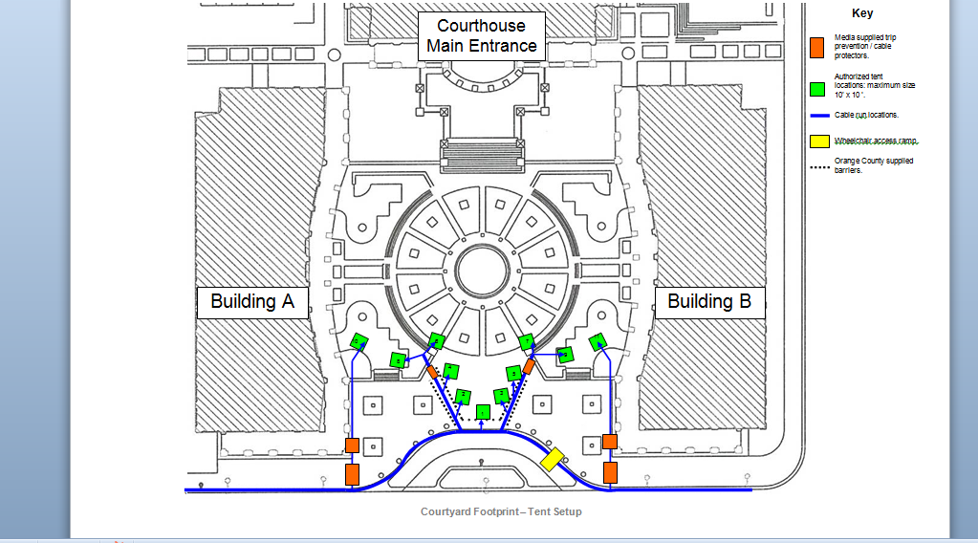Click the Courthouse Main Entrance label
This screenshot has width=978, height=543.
[481, 35]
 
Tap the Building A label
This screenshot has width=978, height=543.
[252, 301]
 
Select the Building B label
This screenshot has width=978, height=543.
[708, 301]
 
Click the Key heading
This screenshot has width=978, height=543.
[862, 13]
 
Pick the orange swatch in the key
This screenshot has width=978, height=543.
[817, 47]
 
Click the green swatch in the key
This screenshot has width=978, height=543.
[817, 90]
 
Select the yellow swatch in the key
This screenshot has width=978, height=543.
[818, 141]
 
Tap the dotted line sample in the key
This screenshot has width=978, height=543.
[818, 166]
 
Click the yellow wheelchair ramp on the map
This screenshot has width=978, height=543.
[553, 460]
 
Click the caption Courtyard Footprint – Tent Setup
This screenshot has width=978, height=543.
[500, 511]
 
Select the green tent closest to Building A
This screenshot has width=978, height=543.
[359, 340]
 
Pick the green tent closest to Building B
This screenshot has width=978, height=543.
[599, 341]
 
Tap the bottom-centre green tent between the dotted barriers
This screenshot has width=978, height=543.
[484, 412]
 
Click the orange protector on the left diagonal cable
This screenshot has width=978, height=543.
[432, 371]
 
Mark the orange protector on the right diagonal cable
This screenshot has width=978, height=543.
[529, 366]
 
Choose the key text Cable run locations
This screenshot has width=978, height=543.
[866, 115]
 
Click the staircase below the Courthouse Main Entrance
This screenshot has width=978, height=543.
[483, 152]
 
